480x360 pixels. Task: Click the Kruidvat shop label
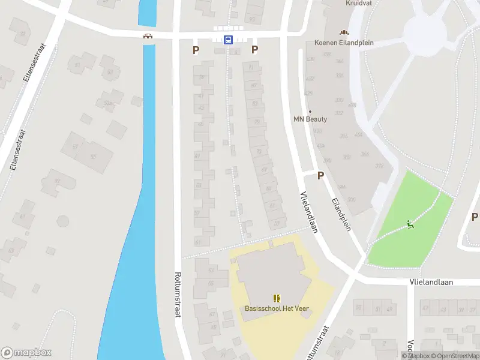359,3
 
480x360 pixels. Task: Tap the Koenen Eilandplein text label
343,43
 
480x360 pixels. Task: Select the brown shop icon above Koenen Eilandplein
344,32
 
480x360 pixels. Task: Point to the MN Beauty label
310,119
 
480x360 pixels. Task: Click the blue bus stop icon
229,40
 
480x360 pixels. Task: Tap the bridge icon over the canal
148,36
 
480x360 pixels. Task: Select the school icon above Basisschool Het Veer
277,298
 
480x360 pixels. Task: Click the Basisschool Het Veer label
277,308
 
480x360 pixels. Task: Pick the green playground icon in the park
411,224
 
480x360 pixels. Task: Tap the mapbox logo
26,353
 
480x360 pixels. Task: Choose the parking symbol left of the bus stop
196,50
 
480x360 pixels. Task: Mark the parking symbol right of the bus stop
254,50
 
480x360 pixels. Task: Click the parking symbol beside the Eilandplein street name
320,176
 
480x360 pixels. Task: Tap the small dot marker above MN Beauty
310,111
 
